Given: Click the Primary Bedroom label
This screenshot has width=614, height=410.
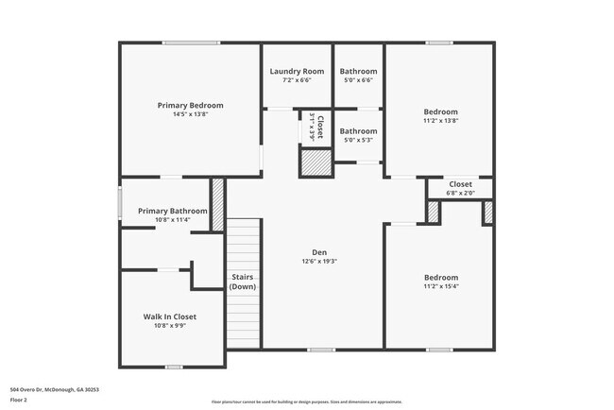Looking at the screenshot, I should pyautogui.click(x=190, y=105).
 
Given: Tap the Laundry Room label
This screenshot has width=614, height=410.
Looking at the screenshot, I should pyautogui.click(x=297, y=72).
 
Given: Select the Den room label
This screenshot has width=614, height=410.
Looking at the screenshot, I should pyautogui.click(x=319, y=251).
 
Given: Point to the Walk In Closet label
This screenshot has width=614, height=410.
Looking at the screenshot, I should pyautogui.click(x=170, y=316).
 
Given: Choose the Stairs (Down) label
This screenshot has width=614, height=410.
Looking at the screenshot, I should pyautogui.click(x=243, y=282).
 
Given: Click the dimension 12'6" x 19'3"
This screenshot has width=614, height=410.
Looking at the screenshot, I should pyautogui.click(x=319, y=262).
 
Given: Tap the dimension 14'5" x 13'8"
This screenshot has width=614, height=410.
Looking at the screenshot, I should pyautogui.click(x=190, y=115).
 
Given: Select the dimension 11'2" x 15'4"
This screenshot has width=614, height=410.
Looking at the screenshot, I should pyautogui.click(x=440, y=286).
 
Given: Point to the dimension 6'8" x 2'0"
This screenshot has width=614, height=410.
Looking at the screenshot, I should pyautogui.click(x=460, y=193).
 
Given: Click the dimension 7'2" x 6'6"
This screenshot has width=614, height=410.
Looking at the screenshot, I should pyautogui.click(x=297, y=81).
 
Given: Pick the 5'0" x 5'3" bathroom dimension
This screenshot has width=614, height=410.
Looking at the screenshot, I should pyautogui.click(x=358, y=140).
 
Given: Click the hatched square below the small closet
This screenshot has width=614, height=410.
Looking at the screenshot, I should pyautogui.click(x=316, y=163).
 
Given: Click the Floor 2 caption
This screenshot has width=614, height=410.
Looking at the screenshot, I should pyautogui.click(x=19, y=400).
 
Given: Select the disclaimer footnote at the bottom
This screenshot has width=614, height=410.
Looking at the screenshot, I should pyautogui.click(x=306, y=401).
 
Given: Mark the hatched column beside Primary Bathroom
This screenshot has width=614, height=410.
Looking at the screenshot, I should pyautogui.click(x=217, y=200).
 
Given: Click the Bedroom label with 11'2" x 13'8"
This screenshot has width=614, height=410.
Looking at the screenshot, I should pyautogui.click(x=440, y=111).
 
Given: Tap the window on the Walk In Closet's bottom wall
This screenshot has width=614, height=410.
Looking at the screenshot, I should pyautogui.click(x=174, y=367).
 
